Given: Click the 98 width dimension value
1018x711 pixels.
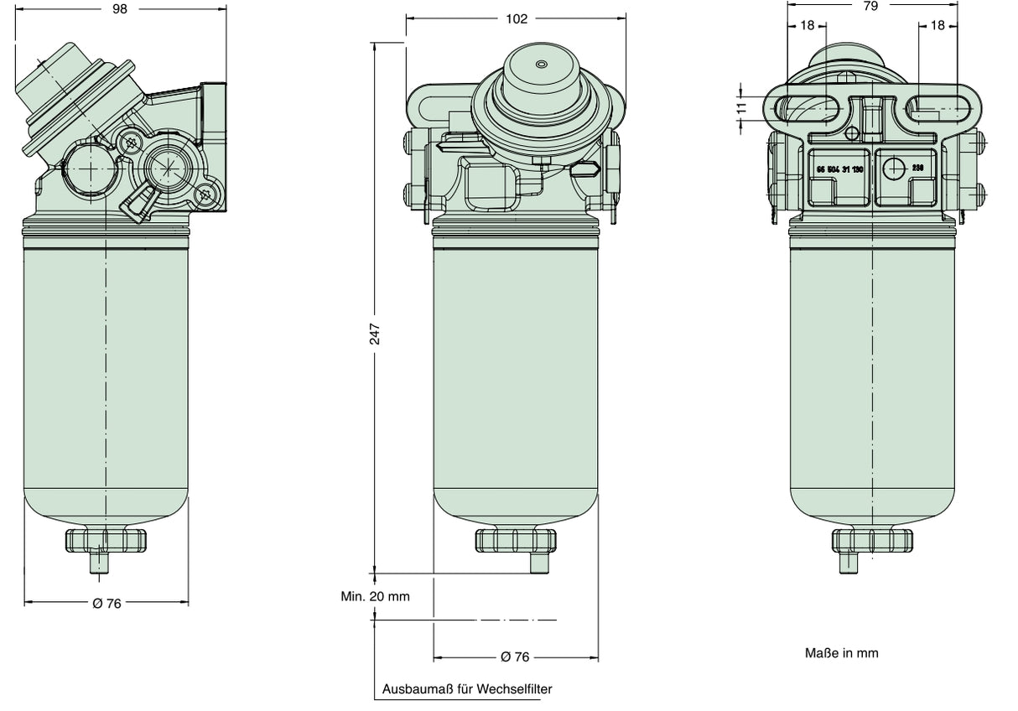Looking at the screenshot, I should pos(122,8).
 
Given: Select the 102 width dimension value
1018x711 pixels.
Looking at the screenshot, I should pos(517,18).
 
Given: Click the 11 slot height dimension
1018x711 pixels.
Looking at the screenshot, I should pos(741,107).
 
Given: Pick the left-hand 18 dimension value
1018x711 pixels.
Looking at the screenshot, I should pos(807,25).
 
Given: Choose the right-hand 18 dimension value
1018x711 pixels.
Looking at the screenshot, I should pos(937,25).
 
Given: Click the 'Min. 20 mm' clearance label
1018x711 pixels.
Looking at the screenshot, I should pos(375,596).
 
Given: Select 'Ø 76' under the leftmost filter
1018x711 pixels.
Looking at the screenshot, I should pos(106,603).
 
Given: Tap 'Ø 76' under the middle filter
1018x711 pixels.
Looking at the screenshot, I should pos(516,657).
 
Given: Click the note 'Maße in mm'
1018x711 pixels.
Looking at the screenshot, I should pos(841,652).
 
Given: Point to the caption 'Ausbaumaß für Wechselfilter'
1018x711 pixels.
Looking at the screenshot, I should pos(467,689).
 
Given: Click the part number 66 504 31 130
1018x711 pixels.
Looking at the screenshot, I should pos(839,169).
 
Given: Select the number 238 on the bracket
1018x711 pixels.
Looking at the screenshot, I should pos(917,168).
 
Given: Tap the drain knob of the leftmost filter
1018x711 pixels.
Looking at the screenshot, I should pos(106,541).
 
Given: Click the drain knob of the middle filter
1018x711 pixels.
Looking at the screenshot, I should pos(516,541).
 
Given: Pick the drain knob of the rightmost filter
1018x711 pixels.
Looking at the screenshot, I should pos(872,540).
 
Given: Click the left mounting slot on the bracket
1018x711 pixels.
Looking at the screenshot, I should pos(806,108).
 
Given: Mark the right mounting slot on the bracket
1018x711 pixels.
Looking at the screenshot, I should pos(937,108).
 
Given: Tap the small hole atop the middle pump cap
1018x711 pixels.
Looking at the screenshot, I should pos(541,64).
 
